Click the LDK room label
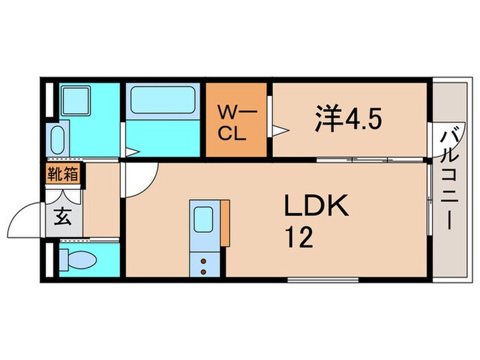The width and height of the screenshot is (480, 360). (x=317, y=205)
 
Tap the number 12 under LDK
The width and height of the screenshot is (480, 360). (x=299, y=237)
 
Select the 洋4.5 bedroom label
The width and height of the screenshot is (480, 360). (x=348, y=119)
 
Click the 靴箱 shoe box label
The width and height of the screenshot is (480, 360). (x=63, y=173)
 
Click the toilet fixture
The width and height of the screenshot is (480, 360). (x=77, y=260)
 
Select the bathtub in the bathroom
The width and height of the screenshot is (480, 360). (x=163, y=100)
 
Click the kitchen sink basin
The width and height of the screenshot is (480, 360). (x=204, y=219)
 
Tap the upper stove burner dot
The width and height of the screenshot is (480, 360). (x=203, y=261)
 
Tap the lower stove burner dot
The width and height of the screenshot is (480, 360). (x=203, y=272)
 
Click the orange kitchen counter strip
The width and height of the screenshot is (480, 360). (x=226, y=223)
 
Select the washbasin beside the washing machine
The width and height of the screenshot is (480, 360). (x=57, y=140)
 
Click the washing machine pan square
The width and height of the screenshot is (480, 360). (x=75, y=100)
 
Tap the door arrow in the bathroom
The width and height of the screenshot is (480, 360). (x=132, y=152)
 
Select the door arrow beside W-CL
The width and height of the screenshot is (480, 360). (x=280, y=131)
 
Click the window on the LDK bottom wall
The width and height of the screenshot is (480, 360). (x=323, y=280)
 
